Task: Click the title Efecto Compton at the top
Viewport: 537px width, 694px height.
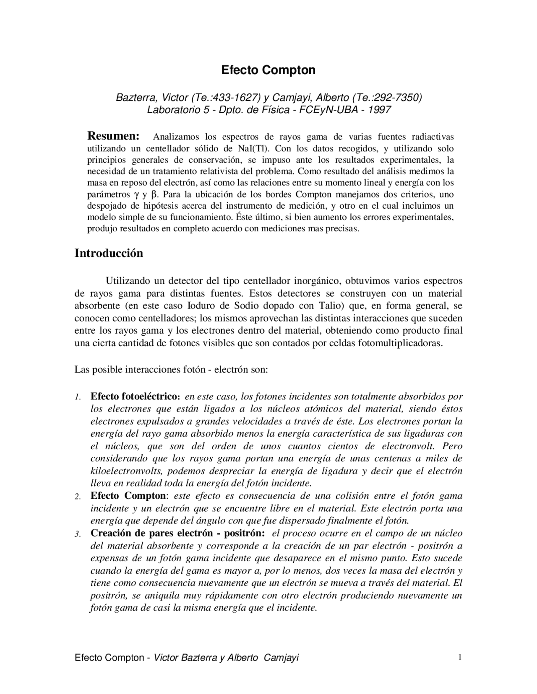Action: [268, 70]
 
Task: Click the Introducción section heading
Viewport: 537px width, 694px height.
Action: [109, 253]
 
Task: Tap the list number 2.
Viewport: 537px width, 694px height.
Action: [77, 497]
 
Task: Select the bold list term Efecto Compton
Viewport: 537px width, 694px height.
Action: [128, 496]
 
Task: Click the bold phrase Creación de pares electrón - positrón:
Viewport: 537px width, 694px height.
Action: [177, 533]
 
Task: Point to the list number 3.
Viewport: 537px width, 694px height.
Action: [77, 534]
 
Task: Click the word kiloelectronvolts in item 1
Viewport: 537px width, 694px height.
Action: [128, 471]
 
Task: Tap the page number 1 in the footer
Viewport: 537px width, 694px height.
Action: [460, 657]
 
